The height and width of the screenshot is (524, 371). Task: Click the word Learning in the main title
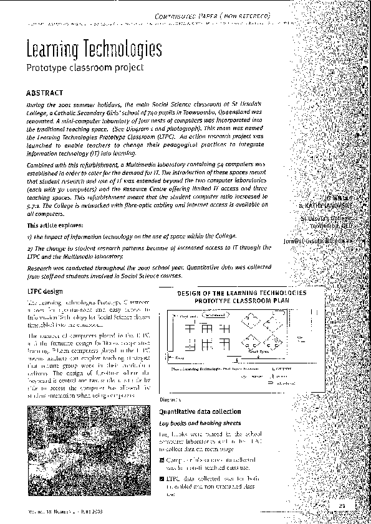click(x=48, y=49)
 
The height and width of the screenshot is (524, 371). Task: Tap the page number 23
click(x=342, y=505)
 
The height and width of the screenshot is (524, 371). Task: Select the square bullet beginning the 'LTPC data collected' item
click(x=162, y=479)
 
